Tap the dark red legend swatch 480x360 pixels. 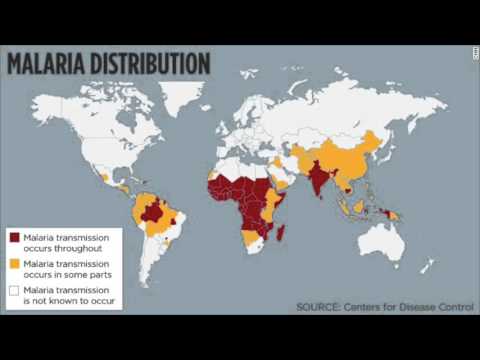point(15,237)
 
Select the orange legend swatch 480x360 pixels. point(15,263)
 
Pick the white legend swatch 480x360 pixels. point(15,289)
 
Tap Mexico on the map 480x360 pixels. point(104,177)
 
